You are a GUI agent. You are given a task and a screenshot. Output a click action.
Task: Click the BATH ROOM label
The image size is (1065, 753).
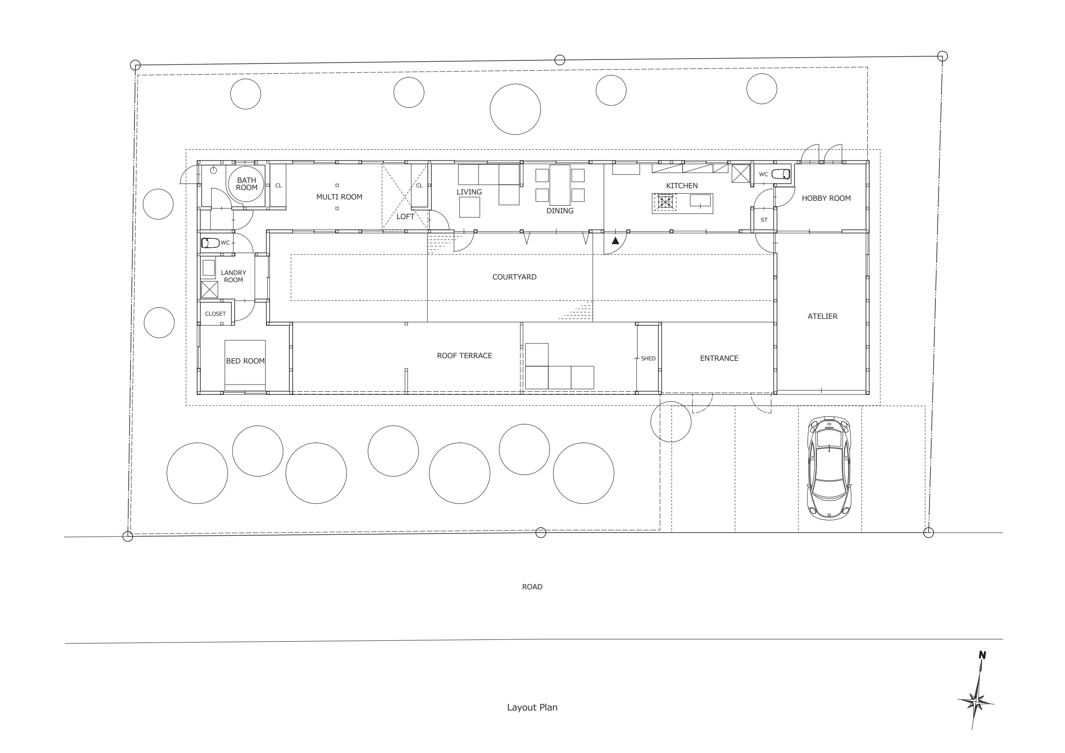coord(246,184)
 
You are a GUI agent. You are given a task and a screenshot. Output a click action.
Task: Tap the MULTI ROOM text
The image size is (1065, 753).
coord(339,197)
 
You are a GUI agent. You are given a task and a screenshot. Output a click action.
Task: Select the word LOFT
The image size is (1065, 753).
coord(405,217)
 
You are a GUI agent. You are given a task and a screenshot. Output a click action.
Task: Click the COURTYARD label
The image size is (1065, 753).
coord(514,277)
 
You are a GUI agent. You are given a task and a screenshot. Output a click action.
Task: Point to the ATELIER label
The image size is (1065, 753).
coord(822,317)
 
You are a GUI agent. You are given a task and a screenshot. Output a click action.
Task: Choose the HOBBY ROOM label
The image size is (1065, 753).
coord(826,198)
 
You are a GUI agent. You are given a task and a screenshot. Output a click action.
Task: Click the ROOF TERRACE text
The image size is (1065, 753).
coord(464,355)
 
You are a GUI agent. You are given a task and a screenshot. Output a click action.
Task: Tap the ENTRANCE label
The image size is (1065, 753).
coord(719,358)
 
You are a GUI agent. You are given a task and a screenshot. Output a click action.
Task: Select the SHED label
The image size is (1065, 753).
coord(648,359)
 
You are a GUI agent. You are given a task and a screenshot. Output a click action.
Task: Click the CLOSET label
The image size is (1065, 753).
coord(215,313)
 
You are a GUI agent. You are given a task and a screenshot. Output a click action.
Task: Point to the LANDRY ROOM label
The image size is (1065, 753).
coord(233,276)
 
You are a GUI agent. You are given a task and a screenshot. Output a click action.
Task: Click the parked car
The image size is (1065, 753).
coord(829,468)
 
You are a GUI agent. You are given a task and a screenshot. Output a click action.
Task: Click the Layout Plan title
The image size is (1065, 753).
coord(532,707)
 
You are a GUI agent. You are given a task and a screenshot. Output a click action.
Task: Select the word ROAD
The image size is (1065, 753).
coord(532,587)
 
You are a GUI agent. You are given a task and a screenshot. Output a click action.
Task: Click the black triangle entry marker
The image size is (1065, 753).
coord(615,240)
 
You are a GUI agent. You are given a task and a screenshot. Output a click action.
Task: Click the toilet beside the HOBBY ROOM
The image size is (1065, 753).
coord(780,174)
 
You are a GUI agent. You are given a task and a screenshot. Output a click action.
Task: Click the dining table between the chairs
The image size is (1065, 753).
coord(560,185)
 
